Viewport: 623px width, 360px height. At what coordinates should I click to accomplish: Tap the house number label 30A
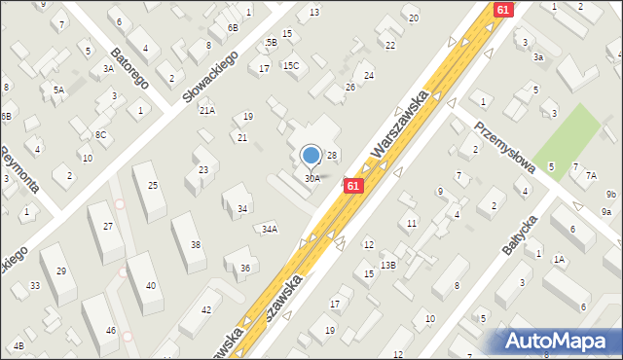(312, 178)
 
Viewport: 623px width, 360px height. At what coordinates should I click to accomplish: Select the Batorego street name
(128, 66)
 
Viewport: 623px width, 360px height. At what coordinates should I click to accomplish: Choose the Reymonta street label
(17, 170)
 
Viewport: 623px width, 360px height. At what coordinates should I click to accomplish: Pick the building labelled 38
(196, 244)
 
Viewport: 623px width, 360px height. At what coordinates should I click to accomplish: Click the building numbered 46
(111, 331)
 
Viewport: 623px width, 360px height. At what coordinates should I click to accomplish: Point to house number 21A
(207, 111)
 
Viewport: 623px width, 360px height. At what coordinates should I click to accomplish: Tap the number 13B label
(388, 265)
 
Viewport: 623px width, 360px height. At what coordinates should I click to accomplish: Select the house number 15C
(291, 66)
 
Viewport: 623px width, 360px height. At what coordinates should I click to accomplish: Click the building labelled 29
(60, 271)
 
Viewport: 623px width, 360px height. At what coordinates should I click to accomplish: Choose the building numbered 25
(152, 185)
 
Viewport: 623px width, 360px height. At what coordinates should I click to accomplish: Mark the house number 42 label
(205, 309)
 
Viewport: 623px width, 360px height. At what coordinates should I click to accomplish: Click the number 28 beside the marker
(331, 156)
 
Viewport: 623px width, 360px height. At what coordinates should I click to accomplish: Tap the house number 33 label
(35, 285)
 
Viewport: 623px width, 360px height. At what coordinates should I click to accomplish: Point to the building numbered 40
(150, 285)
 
